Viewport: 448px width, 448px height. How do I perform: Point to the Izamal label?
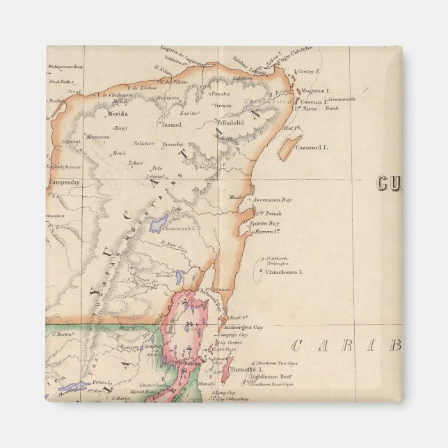click(171, 125)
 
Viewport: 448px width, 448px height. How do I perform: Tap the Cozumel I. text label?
click(311, 147)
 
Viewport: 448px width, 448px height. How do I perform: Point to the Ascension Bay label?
click(272, 200)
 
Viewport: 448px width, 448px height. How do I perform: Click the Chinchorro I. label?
click(285, 272)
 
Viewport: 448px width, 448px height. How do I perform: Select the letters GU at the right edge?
click(390, 184)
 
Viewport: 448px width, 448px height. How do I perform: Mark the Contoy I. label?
click(307, 72)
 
